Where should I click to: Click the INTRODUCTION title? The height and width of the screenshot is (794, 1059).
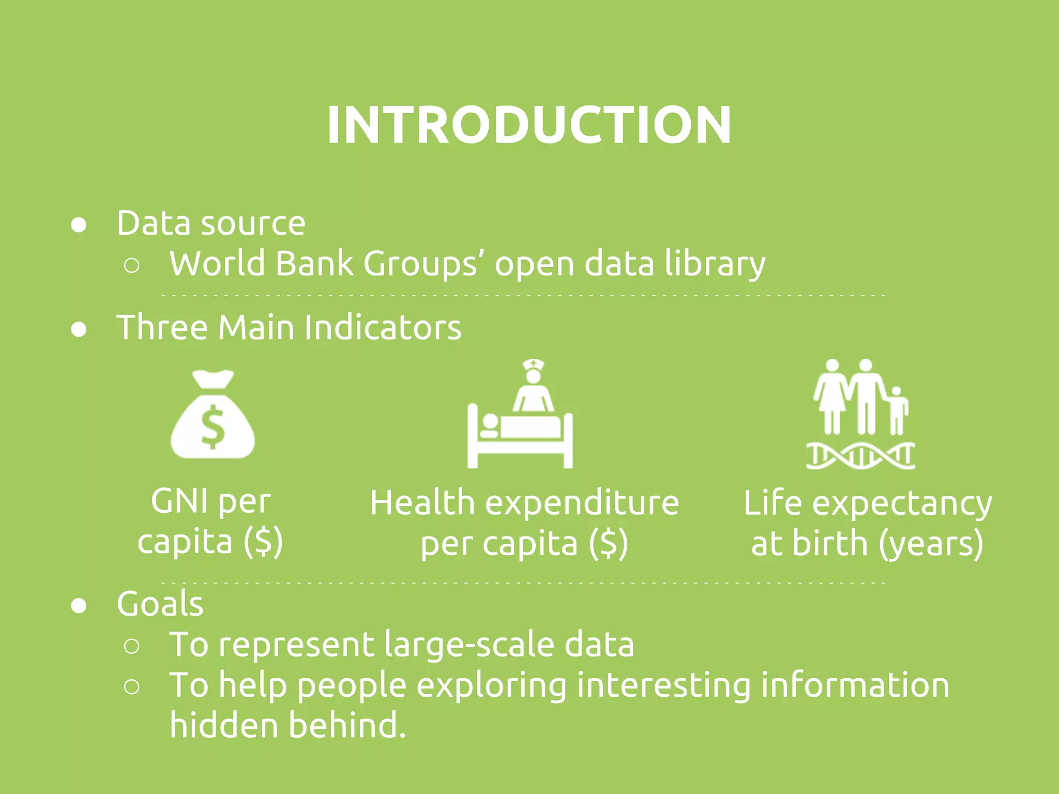coord(529,125)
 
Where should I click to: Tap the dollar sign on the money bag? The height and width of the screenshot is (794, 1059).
coord(213,427)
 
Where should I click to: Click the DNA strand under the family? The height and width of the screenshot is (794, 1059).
coord(860,455)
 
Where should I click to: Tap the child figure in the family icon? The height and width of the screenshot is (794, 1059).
coord(898,411)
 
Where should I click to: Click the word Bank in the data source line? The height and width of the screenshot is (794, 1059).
coord(314,264)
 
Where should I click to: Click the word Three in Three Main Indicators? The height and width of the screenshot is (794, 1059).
coord(162,327)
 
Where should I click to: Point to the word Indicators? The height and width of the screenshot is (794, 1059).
coord(383,327)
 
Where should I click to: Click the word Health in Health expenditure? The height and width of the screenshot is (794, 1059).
coord(422,503)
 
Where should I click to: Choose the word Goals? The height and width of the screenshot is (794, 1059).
coord(160,604)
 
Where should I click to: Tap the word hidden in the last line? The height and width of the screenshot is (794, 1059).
coord(223,725)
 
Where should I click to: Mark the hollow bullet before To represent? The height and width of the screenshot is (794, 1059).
coord(132,646)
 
